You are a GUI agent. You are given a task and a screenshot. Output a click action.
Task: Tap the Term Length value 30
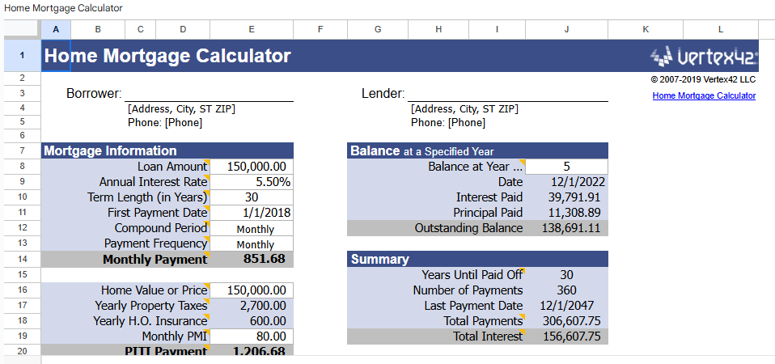coord(252,197)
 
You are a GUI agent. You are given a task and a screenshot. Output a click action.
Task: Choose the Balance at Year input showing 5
coord(566,167)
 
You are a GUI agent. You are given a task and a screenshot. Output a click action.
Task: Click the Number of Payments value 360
coord(566,290)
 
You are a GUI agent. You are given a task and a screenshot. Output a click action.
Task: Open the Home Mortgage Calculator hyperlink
coord(704,95)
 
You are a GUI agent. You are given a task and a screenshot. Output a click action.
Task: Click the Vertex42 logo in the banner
coord(704,57)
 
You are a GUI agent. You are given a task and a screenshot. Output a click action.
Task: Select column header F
coord(320,29)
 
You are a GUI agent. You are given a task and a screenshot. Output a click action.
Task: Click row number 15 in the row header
coord(22,275)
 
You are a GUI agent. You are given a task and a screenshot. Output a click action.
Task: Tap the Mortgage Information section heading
coord(110,151)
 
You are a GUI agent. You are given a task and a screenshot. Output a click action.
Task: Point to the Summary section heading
coord(379,260)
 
